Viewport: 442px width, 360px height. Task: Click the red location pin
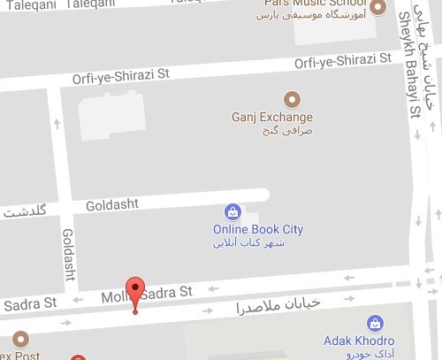point(134,292)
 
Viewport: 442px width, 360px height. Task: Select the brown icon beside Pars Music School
point(377,8)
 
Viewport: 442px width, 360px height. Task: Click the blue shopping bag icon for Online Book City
point(232,212)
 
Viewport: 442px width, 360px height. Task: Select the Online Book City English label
point(257,229)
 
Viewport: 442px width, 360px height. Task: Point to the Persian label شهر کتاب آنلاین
point(257,242)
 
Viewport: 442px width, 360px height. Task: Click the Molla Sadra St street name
point(145,292)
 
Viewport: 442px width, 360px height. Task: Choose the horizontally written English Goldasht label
point(112,204)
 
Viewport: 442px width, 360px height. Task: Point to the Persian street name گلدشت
point(22,212)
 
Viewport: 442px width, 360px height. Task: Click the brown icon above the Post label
point(20,340)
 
